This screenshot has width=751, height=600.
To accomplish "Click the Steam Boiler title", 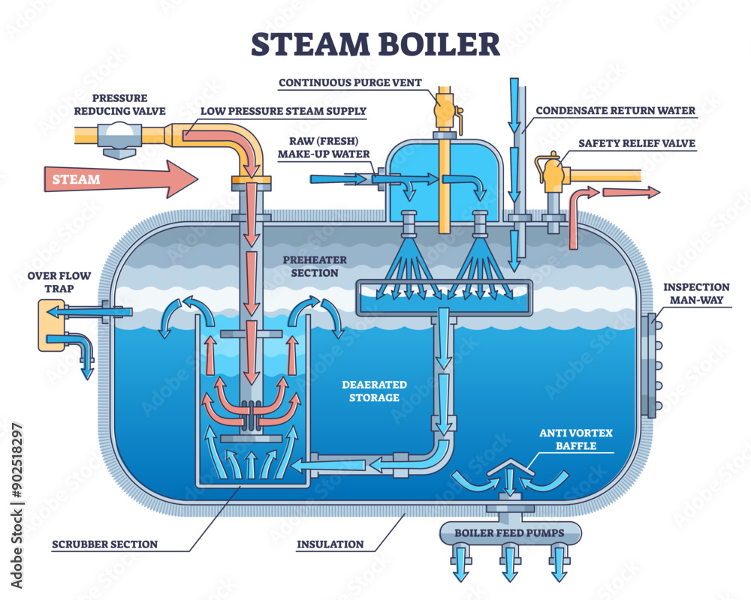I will [x=375, y=44].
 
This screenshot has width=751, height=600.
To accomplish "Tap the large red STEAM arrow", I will [x=120, y=179].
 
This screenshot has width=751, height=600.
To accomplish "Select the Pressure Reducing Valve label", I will [x=120, y=104].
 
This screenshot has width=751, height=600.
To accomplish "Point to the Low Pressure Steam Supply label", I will [x=283, y=111].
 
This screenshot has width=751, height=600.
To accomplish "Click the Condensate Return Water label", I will [x=616, y=111].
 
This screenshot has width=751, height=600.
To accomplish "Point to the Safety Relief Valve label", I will [x=636, y=143].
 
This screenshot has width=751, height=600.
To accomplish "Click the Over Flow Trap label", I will [x=59, y=282].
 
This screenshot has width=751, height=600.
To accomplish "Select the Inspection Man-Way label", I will [x=696, y=293].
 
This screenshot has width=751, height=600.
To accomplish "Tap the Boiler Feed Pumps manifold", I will [x=511, y=533].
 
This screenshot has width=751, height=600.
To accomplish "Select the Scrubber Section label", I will [x=105, y=544].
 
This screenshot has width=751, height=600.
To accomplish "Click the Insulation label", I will [x=330, y=544].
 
